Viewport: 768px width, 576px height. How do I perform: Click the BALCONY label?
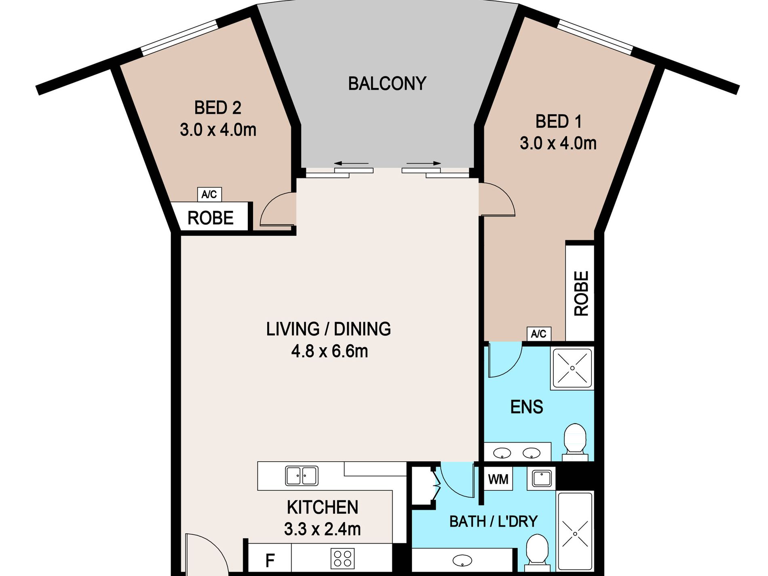pos(387,84)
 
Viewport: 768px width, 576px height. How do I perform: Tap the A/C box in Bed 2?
pos(209,194)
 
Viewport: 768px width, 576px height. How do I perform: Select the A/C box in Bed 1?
pos(539,334)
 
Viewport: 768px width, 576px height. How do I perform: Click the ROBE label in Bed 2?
pos(211,218)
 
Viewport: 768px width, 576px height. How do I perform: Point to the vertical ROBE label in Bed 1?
pos(581,293)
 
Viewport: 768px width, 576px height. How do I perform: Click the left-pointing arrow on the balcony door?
pos(351,163)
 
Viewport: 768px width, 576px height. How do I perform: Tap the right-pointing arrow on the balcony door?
pos(424,163)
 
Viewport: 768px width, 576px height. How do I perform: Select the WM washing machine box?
pos(498,479)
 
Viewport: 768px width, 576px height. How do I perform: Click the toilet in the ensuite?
pos(575,442)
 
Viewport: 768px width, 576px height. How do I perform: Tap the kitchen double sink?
pos(302,475)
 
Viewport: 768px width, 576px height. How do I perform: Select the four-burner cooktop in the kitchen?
pos(343,558)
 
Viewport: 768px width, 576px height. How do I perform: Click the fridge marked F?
pos(270,560)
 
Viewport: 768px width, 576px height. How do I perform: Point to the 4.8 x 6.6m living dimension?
pos(329,351)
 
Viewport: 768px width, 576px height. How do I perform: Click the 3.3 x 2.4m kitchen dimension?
pos(322,529)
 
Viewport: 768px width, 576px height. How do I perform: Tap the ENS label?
pos(526,407)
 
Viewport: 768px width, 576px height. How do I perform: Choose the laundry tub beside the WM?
pos(541,479)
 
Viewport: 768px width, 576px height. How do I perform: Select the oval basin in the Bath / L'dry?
pos(462,561)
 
